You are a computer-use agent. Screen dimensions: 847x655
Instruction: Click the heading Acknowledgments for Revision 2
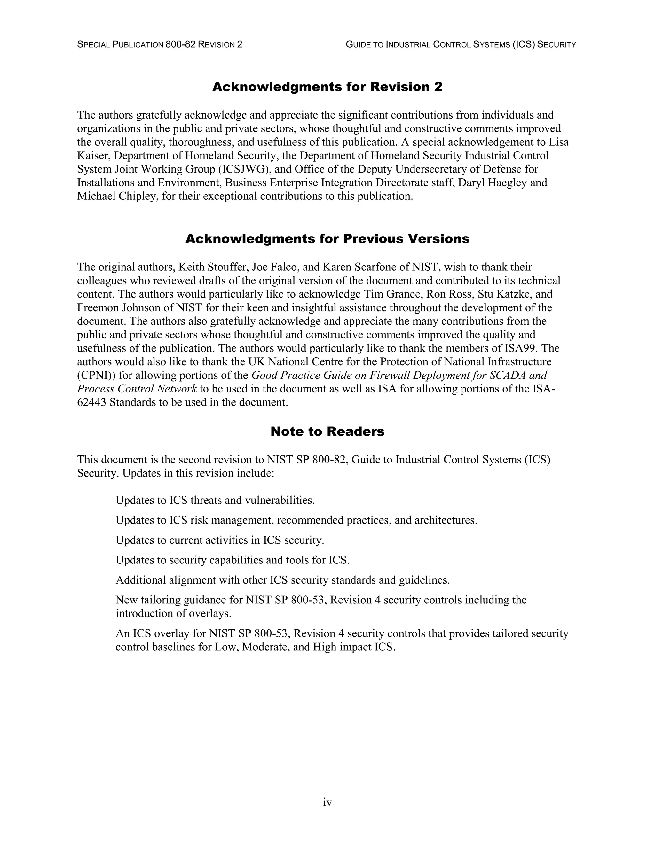[x=327, y=87]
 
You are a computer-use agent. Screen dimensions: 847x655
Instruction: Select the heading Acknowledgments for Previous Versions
[x=327, y=238]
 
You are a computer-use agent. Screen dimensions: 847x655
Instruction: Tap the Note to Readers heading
[x=327, y=431]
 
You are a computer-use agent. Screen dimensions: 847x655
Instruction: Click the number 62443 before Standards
[x=91, y=402]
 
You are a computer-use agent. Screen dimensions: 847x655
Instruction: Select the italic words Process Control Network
[x=137, y=389]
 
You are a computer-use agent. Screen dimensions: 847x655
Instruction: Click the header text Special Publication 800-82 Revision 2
[x=160, y=45]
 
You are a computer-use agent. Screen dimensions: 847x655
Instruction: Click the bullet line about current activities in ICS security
[x=220, y=540]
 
